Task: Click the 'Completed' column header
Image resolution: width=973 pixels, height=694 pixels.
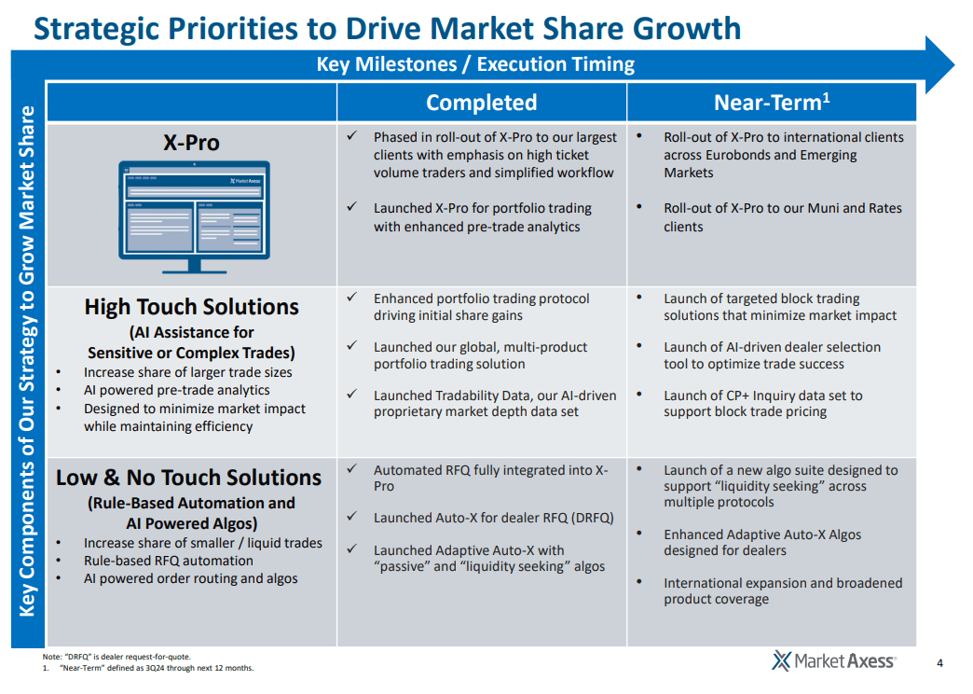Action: (x=481, y=103)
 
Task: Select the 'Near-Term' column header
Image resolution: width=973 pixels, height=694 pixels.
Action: (x=766, y=103)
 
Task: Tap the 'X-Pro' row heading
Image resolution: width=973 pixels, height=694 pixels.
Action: (x=191, y=143)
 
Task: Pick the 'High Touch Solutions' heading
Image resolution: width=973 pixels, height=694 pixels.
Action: (x=191, y=307)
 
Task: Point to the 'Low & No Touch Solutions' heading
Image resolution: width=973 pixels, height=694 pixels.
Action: (x=188, y=478)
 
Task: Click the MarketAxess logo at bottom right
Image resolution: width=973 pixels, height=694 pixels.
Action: (x=834, y=661)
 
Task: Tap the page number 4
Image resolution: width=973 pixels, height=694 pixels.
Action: (x=939, y=663)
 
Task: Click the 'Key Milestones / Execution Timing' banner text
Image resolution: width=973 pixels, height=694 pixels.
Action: (x=475, y=64)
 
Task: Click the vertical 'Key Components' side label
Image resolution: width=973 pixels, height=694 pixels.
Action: (x=27, y=361)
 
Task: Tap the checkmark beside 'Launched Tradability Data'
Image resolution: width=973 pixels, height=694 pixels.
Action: (x=351, y=395)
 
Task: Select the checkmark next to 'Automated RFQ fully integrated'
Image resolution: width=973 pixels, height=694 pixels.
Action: (x=351, y=469)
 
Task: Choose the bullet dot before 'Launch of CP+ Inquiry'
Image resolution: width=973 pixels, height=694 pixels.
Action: (x=639, y=395)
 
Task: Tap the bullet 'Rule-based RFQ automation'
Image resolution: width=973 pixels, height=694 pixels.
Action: (x=168, y=561)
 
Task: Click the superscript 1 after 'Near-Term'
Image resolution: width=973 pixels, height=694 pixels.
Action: (x=826, y=95)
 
